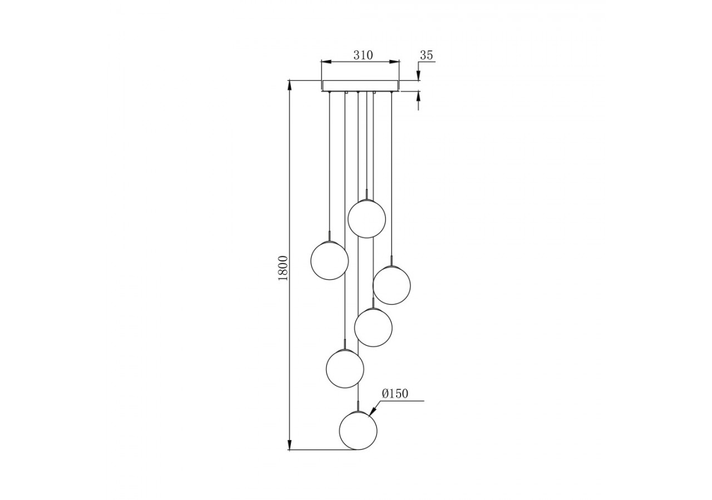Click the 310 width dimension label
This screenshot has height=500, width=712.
click(363, 55)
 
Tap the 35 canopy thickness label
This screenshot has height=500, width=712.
click(426, 55)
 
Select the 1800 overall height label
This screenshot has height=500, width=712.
click(283, 268)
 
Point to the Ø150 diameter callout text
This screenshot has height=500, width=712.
click(395, 394)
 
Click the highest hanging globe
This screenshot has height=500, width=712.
click(367, 219)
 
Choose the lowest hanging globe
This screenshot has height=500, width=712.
click(358, 431)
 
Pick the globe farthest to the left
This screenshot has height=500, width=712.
click(329, 261)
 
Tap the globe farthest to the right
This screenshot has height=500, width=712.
click(392, 286)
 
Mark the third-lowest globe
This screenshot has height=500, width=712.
click(373, 328)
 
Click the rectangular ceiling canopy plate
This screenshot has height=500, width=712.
click(360, 86)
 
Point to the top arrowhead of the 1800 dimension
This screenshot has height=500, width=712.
click(289, 84)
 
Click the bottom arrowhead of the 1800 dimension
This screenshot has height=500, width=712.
click(289, 446)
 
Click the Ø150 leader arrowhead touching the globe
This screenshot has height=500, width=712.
click(372, 412)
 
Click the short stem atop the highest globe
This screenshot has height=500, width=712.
click(367, 194)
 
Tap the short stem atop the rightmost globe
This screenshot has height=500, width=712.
click(392, 261)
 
